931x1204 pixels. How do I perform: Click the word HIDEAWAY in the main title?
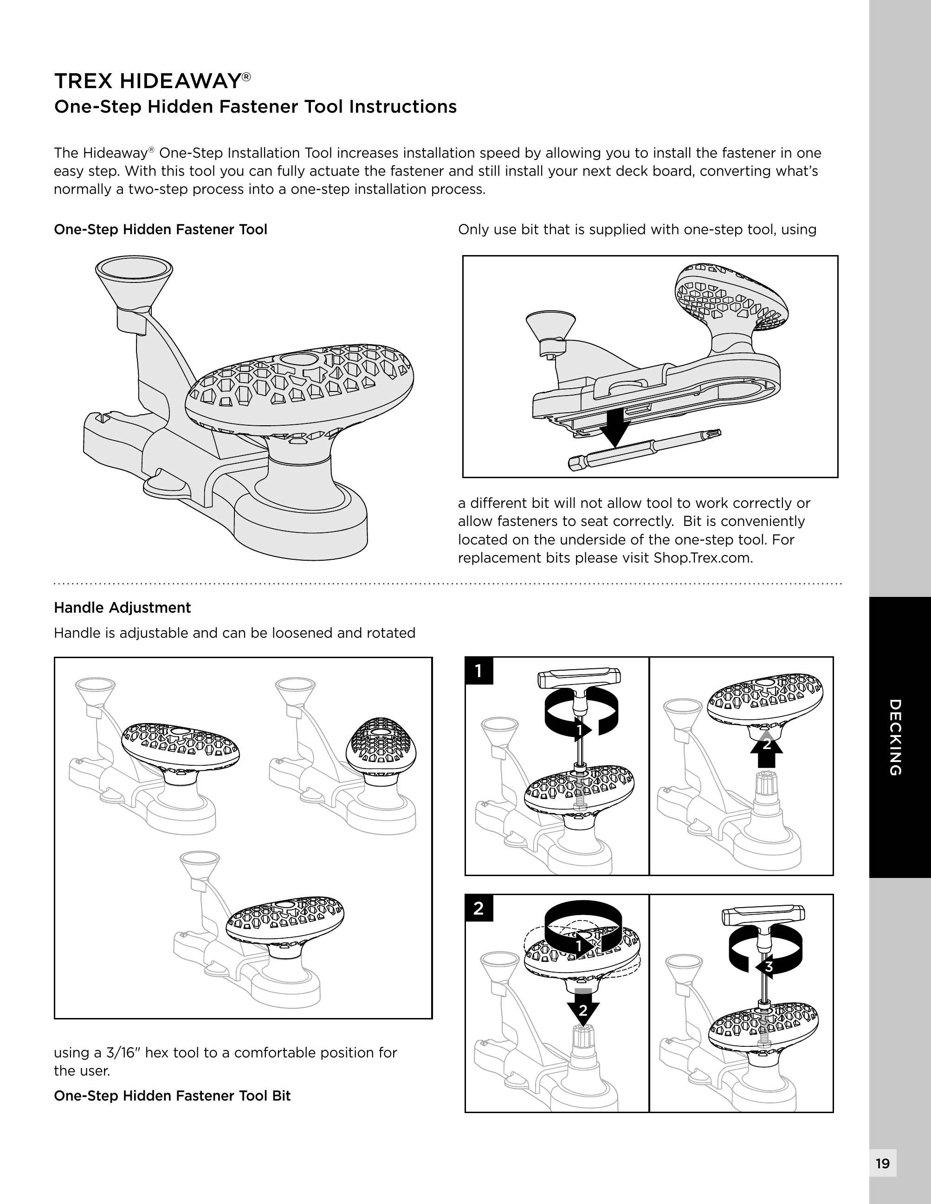181,81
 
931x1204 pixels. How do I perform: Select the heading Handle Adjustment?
122,608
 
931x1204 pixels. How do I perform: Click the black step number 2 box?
478,908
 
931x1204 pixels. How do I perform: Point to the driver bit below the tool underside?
642,450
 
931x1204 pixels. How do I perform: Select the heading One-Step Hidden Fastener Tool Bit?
172,1095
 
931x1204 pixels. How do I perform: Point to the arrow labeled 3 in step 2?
764,967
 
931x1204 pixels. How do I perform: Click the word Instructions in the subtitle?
403,106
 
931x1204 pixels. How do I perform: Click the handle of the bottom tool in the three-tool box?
284,917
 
